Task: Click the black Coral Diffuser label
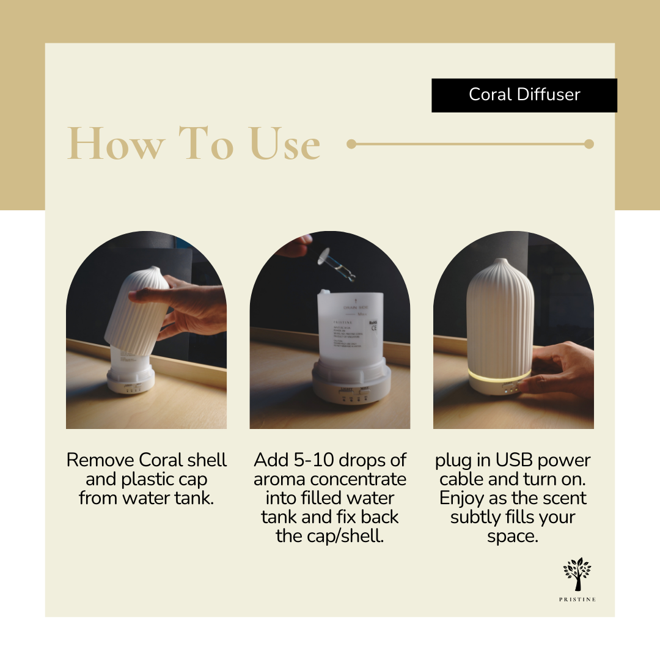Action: click(524, 95)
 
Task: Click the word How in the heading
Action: click(116, 144)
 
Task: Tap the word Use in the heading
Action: click(284, 144)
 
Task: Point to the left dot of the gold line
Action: click(351, 144)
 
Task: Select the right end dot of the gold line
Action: click(588, 144)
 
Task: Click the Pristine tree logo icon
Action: click(577, 573)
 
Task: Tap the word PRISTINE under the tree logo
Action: click(577, 599)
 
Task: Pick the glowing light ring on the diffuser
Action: click(498, 374)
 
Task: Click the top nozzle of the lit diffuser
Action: click(501, 263)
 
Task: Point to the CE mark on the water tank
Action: click(374, 327)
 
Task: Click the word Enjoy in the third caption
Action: click(461, 498)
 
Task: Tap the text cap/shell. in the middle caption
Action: click(348, 536)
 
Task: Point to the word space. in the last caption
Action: click(513, 536)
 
